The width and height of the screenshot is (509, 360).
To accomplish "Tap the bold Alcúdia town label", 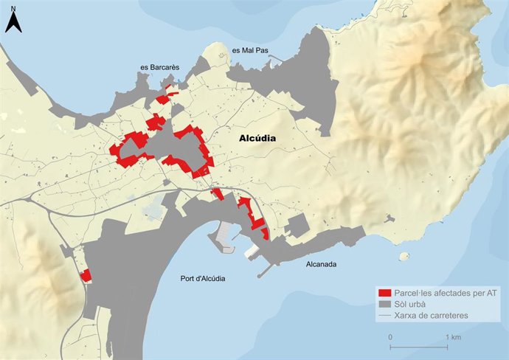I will click(x=257, y=138).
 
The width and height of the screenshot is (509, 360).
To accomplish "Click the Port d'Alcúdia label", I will click(x=202, y=278).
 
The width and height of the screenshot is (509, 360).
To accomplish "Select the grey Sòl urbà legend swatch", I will click(x=384, y=304).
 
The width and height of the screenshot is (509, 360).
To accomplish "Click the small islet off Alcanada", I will click(x=404, y=257).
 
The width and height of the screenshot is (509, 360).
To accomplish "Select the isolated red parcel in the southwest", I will click(x=86, y=276).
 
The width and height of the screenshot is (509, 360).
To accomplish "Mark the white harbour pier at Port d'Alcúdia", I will click(x=222, y=235).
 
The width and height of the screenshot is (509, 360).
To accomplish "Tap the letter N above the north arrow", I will click(x=13, y=7).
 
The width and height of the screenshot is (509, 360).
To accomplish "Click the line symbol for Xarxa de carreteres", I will click(x=384, y=316).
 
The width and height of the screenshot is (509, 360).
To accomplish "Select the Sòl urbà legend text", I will click(x=413, y=304).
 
